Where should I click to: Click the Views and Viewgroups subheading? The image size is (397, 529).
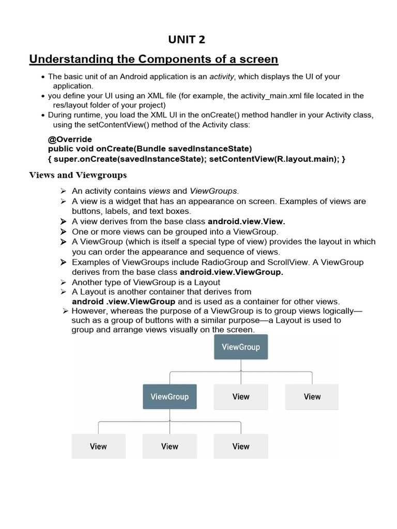click(77, 175)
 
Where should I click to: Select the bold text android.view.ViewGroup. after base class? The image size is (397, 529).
click(231, 272)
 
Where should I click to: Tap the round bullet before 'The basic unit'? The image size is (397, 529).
click(43, 77)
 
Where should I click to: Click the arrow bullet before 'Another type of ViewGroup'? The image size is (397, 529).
click(64, 282)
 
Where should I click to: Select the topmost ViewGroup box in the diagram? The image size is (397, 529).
click(241, 347)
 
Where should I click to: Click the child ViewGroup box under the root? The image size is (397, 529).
click(170, 397)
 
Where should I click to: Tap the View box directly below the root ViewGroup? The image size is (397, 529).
click(241, 397)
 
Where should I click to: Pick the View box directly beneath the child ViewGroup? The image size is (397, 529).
click(170, 446)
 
